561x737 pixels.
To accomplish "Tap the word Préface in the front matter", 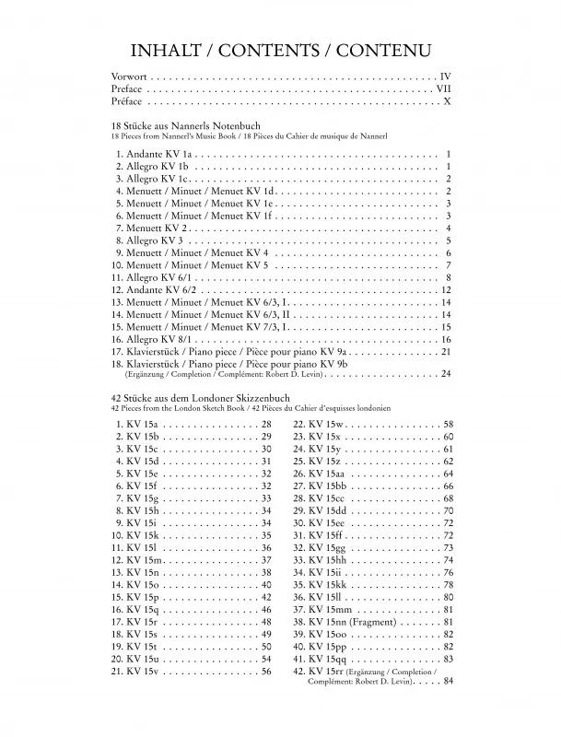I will (x=127, y=102).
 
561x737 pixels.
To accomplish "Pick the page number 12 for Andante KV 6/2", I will (x=444, y=290).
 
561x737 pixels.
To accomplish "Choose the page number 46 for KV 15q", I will (x=266, y=610).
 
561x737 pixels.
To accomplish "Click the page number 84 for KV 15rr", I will (x=448, y=683).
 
